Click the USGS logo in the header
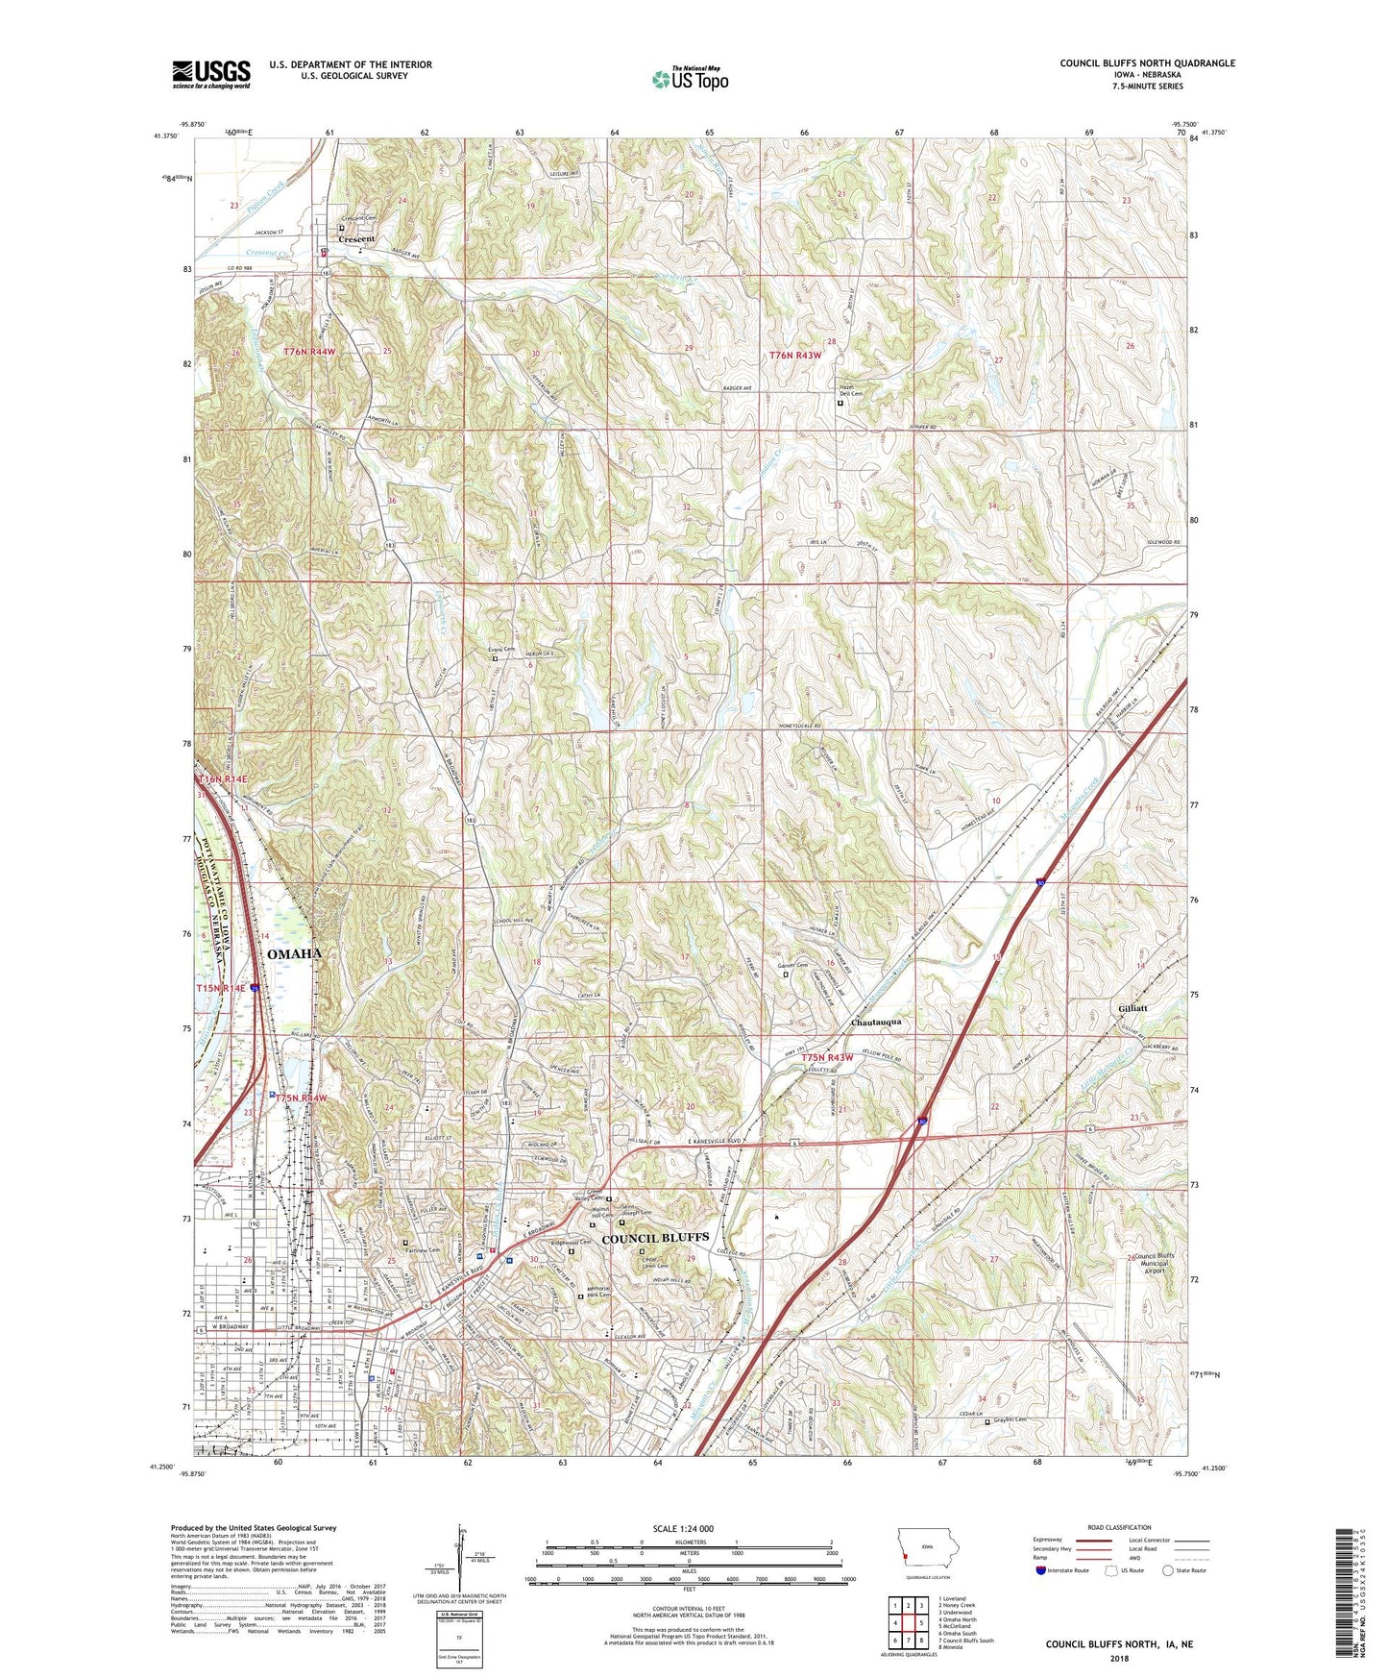(x=211, y=74)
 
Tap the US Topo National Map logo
(x=689, y=78)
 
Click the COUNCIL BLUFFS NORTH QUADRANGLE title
(x=1147, y=63)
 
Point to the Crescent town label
(x=356, y=238)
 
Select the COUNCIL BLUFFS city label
(x=654, y=1238)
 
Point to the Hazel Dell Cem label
(x=851, y=390)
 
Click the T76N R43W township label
(x=795, y=355)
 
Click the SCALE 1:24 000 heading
(x=689, y=1528)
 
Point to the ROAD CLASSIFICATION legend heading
(x=1118, y=1527)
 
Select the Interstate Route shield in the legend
(x=1041, y=1570)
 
